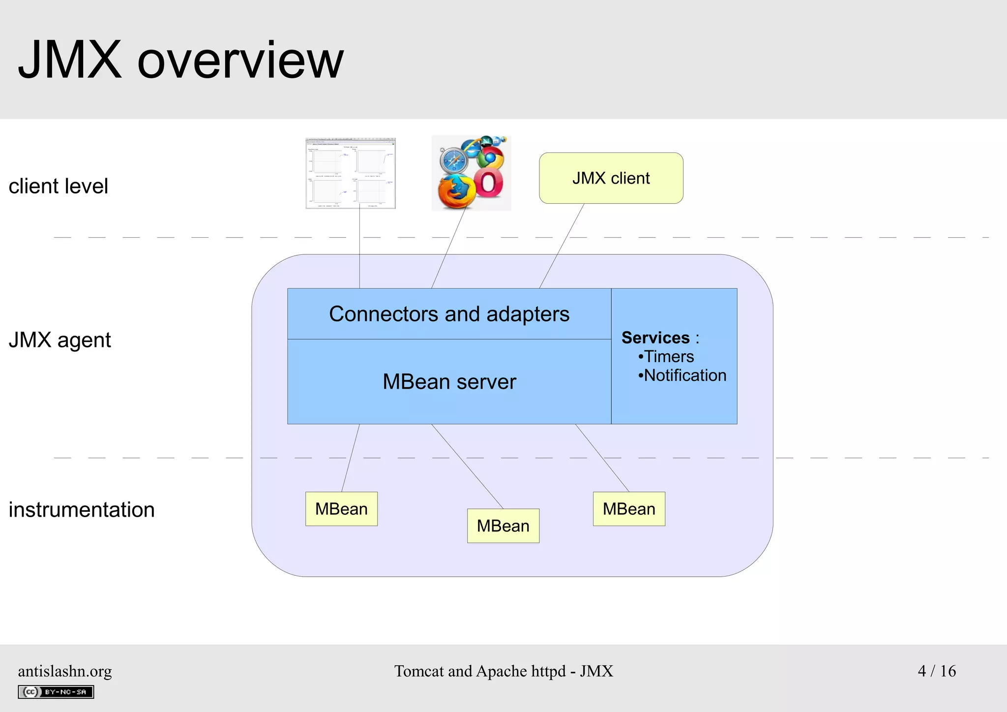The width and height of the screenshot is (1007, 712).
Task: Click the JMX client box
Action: (611, 178)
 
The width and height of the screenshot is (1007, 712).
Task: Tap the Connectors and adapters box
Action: (449, 314)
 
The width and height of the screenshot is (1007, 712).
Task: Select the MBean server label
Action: (449, 382)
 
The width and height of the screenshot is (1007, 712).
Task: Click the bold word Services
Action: (655, 338)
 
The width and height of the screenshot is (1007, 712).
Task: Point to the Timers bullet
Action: (666, 356)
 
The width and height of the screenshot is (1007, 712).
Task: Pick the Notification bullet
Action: (682, 375)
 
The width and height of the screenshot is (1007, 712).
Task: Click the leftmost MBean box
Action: (341, 509)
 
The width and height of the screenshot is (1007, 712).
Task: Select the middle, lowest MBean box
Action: (503, 526)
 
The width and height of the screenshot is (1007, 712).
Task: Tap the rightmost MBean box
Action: (629, 509)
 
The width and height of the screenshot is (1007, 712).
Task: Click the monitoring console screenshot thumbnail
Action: (351, 173)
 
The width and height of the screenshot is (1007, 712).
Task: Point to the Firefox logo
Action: (456, 192)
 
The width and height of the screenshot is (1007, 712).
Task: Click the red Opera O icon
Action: (489, 183)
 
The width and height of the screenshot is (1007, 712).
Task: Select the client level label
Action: (58, 186)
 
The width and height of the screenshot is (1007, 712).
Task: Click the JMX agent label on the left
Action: (59, 340)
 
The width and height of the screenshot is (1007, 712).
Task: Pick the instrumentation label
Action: (82, 510)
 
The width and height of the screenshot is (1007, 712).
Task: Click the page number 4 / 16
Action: (937, 671)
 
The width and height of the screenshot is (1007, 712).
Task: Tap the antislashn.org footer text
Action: (65, 671)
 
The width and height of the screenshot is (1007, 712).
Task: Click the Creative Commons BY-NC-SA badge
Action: (56, 692)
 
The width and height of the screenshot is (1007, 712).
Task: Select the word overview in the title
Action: (240, 60)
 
